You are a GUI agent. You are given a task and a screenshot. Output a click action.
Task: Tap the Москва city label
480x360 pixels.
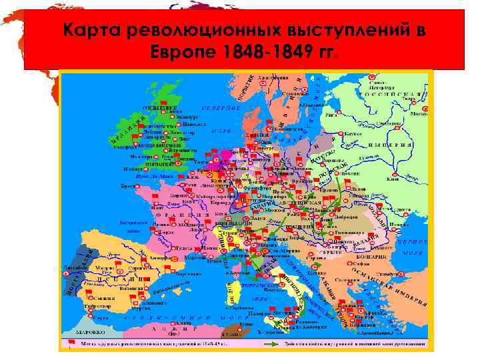point(418,113)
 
